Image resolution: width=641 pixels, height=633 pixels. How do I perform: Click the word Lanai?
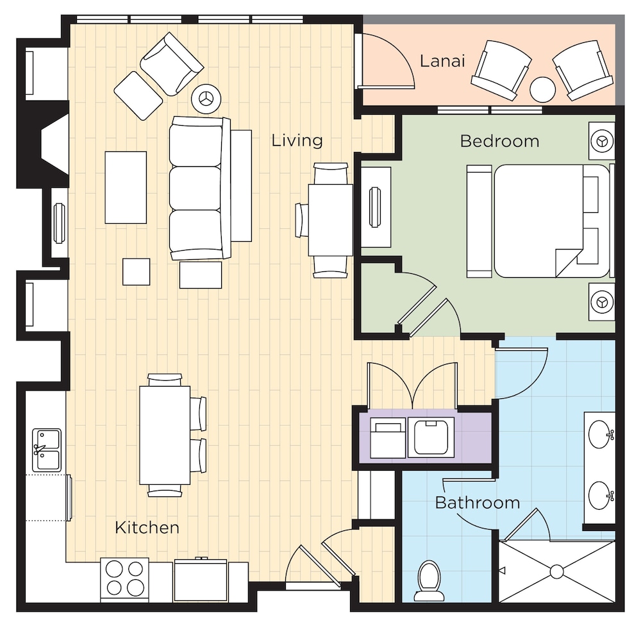[x=442, y=61]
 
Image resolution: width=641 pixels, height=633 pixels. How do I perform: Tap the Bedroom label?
[x=499, y=141]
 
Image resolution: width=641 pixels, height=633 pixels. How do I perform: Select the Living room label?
[x=297, y=140]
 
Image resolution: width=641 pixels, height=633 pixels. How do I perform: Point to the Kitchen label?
[x=147, y=527]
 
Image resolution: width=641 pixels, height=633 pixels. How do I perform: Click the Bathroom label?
[x=478, y=503]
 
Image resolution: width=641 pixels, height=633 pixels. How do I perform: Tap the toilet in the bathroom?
[x=429, y=580]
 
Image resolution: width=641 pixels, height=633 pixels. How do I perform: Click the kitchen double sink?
[x=47, y=450]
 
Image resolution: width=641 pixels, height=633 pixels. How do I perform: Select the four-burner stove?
[x=125, y=578]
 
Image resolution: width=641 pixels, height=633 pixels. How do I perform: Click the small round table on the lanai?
[x=542, y=89]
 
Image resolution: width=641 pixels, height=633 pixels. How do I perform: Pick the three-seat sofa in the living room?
[x=200, y=188]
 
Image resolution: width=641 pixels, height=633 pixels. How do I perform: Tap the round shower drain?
[x=557, y=571]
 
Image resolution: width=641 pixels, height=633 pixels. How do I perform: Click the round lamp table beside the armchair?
[x=206, y=99]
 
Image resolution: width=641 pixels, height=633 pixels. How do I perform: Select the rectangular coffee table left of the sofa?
[x=126, y=187]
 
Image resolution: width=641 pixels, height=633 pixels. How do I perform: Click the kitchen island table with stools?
[x=165, y=435]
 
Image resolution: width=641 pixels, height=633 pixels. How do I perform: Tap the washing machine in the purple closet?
[x=431, y=437]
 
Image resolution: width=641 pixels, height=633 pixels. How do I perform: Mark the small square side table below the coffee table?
[x=136, y=271]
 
